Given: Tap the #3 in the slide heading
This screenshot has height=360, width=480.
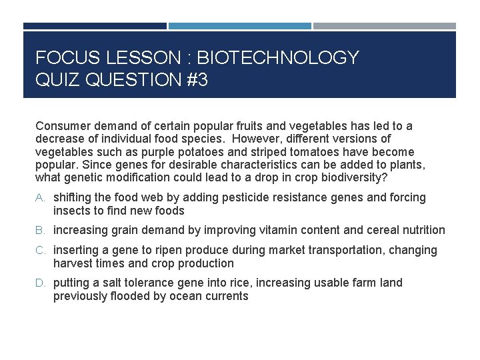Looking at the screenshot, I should (194, 81).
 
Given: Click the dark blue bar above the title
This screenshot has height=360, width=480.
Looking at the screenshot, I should (95, 26).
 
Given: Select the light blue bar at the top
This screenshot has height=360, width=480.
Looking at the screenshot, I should (239, 26).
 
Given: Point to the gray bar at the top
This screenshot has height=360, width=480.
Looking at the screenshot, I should (385, 26).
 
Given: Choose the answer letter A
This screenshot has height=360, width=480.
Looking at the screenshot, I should (40, 198).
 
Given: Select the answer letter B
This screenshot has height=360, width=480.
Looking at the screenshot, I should (40, 231).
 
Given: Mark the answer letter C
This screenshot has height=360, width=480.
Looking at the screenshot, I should (40, 251).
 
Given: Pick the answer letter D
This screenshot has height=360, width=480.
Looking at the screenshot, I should (40, 283).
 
